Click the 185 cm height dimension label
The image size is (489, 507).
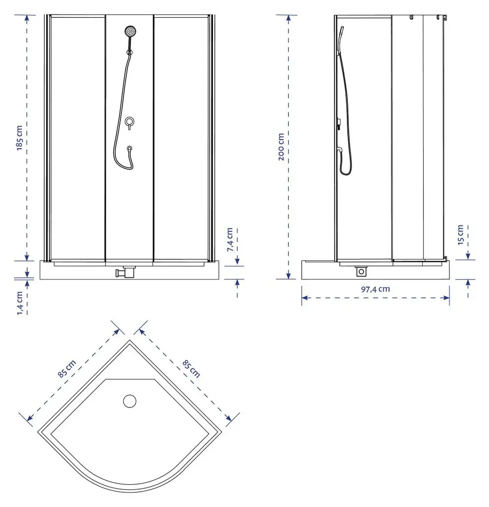(x=20, y=138)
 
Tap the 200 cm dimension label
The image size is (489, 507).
(x=281, y=147)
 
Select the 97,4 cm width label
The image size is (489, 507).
(x=376, y=289)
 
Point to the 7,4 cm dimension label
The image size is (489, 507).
(x=230, y=240)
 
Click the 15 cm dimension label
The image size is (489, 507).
(x=461, y=235)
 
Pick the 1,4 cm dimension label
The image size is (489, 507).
(x=20, y=303)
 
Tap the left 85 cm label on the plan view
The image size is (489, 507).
(x=67, y=368)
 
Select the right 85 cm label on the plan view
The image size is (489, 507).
(x=191, y=369)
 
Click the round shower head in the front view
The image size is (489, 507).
(x=130, y=31)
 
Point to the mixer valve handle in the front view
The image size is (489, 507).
(x=129, y=123)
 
